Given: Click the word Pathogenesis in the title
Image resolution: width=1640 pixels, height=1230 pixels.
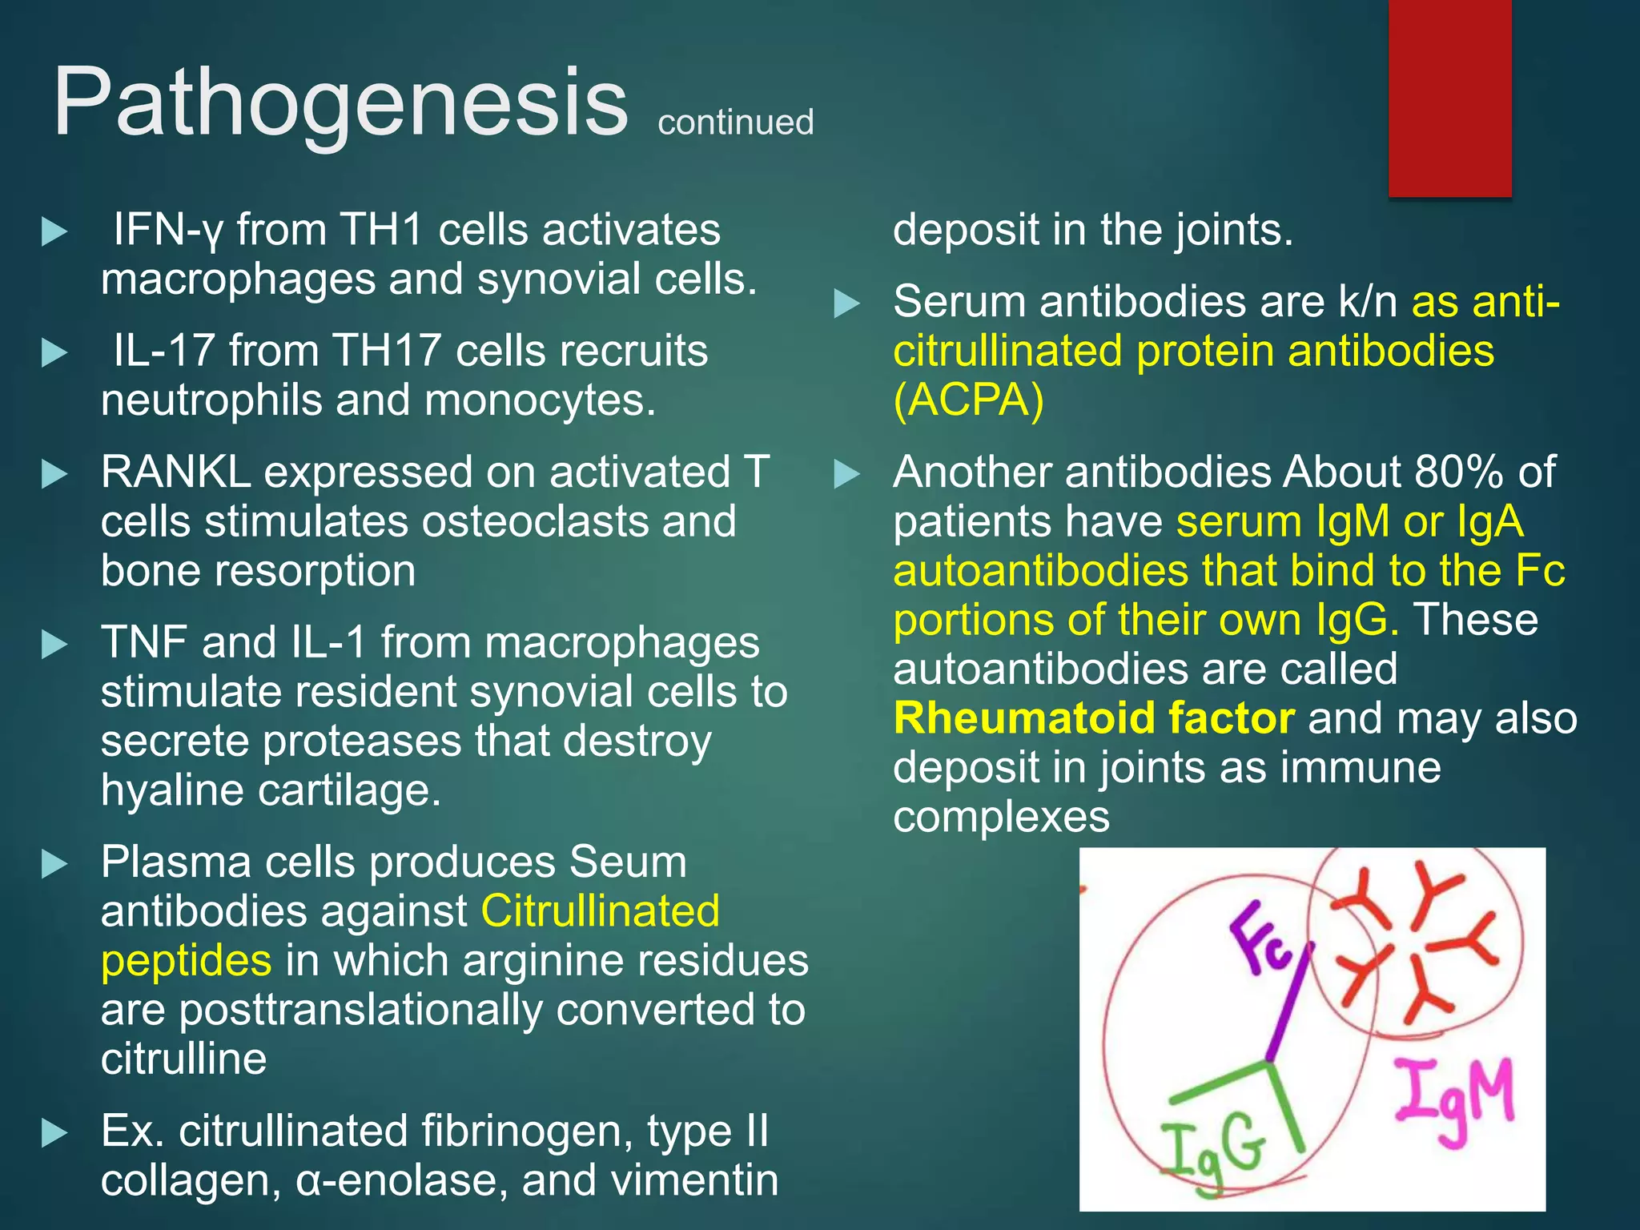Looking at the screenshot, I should [x=340, y=104].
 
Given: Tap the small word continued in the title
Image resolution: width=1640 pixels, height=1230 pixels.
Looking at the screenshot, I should [x=735, y=123].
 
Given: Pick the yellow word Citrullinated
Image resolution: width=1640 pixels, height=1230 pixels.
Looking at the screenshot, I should [x=600, y=911].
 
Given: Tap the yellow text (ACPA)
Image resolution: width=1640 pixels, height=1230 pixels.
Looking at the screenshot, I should [x=968, y=400].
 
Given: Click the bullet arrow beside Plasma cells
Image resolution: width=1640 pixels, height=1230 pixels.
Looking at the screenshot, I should [x=54, y=863].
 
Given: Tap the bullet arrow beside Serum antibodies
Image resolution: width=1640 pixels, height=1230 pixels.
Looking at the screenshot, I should [x=846, y=303].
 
